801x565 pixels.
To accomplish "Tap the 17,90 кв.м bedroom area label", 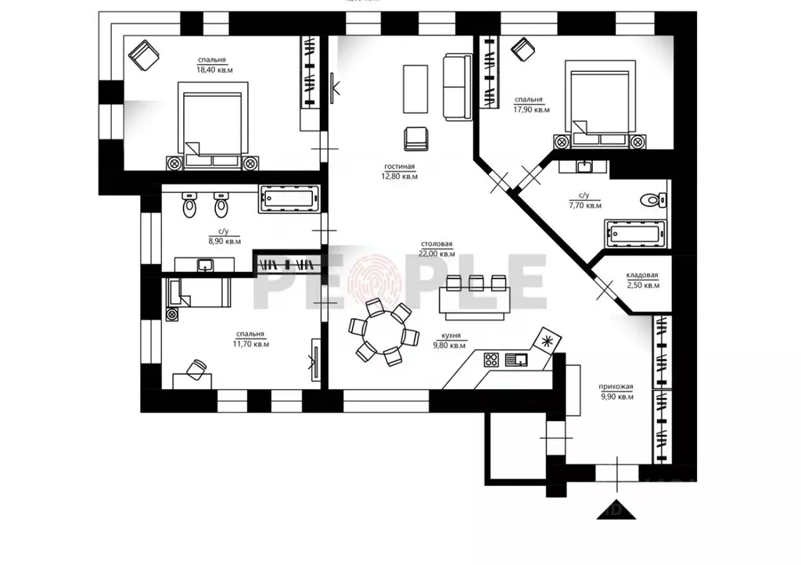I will [x=531, y=105].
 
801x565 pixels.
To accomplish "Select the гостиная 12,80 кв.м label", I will [x=400, y=171].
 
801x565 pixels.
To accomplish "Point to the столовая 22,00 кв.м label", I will [x=436, y=249].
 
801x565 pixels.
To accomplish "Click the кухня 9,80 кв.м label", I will [x=447, y=340].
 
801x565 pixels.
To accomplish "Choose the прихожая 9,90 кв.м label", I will [x=615, y=392].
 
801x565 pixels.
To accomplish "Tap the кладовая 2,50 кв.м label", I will [x=642, y=280].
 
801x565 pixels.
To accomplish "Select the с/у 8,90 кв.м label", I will [x=224, y=236].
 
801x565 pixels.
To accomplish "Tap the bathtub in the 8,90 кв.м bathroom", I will [x=288, y=199].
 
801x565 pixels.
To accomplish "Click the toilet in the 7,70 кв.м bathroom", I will [x=651, y=198].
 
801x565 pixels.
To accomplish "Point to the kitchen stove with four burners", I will [x=492, y=360].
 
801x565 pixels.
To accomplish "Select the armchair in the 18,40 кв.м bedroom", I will [x=144, y=55].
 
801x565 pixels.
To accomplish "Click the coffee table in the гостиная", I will [x=415, y=89].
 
